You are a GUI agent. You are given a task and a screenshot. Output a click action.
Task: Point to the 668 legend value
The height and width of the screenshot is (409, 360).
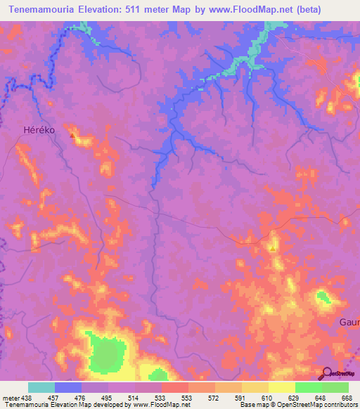point(347,398)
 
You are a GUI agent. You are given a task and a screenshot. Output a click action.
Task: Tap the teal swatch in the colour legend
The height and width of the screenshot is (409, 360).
point(41,387)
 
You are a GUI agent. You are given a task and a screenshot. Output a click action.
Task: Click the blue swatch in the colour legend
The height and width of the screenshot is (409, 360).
point(68,387)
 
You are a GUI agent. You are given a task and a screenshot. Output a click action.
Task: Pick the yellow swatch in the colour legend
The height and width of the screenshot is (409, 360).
point(282,387)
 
